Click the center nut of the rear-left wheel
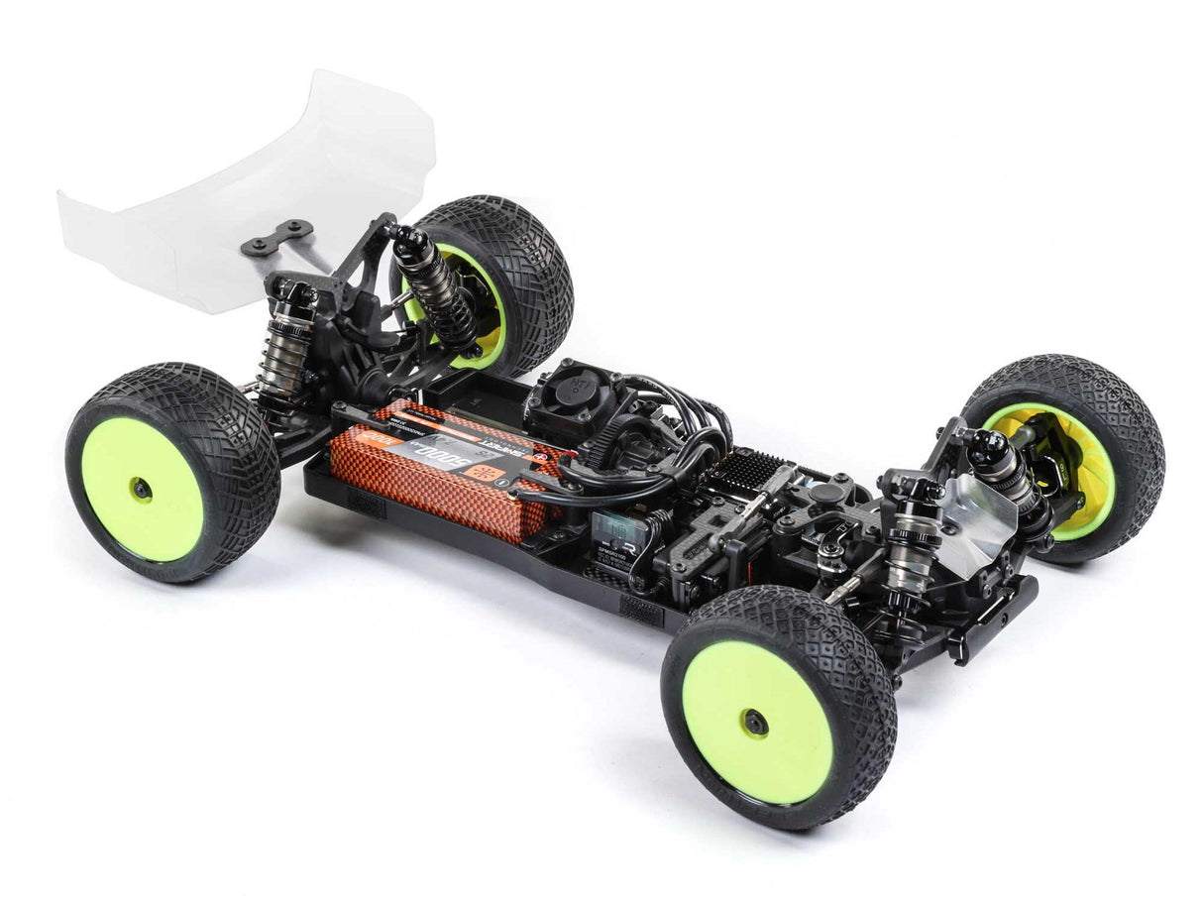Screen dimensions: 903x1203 point(141,488)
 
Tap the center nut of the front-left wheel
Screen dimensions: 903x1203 point(755,723)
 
